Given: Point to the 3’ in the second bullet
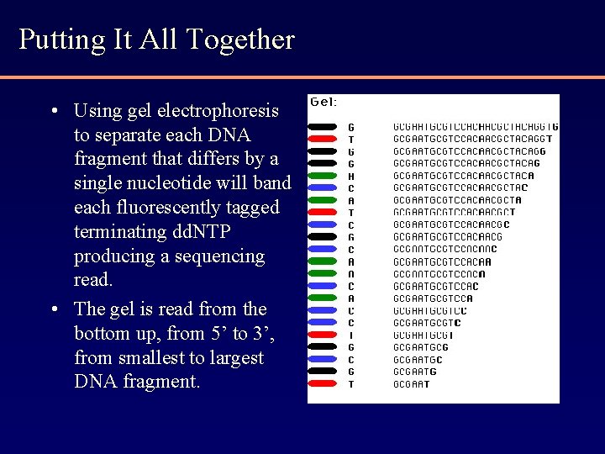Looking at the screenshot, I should (263, 334).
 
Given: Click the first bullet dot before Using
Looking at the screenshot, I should (54, 111).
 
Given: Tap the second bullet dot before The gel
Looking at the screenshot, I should (54, 309).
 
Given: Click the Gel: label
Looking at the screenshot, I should (324, 102).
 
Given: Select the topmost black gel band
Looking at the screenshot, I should (324, 127).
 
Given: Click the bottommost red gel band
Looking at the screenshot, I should (324, 383).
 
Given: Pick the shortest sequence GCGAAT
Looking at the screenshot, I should (411, 384).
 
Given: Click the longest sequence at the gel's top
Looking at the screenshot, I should (475, 127).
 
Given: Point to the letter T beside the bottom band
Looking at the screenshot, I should (351, 384).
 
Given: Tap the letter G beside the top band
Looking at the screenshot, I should (351, 128).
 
